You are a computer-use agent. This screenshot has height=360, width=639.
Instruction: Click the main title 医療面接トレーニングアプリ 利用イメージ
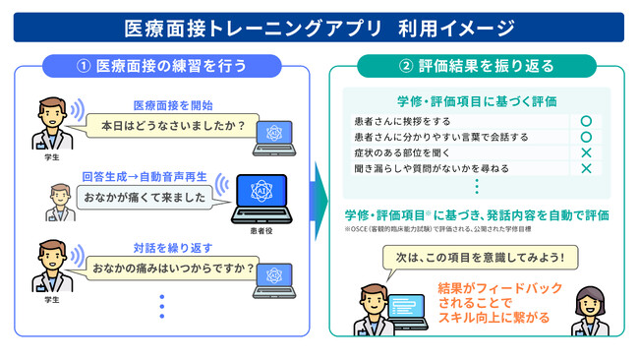(x=319, y=27)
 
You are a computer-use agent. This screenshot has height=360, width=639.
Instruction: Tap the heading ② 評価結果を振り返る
(x=477, y=67)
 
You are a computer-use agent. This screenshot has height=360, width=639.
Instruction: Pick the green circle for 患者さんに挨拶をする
(x=585, y=121)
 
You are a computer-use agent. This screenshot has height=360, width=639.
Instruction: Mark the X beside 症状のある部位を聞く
(x=585, y=153)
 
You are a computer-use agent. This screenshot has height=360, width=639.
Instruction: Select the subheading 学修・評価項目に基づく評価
(x=477, y=100)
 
